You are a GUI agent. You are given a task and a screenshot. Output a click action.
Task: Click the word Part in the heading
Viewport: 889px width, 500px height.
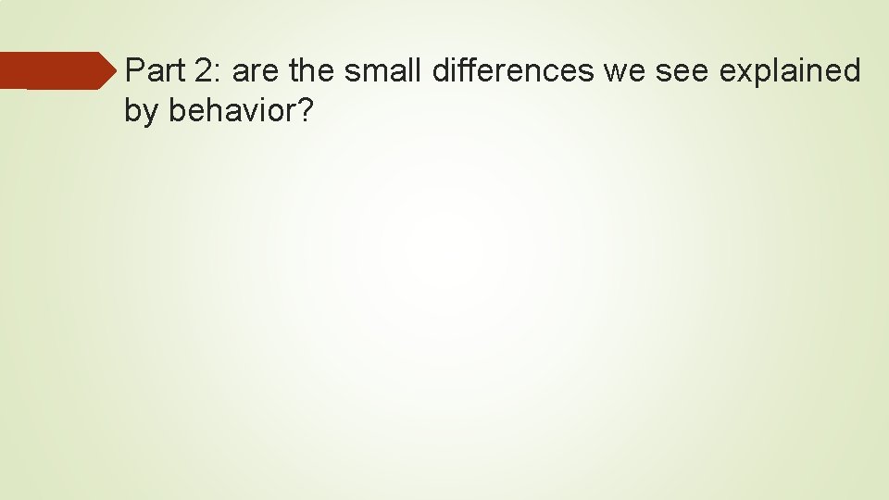(x=152, y=70)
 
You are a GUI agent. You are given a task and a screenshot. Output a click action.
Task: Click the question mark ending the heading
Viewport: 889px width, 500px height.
(x=305, y=111)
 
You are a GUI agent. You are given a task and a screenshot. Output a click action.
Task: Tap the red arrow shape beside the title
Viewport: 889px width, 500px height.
(x=56, y=70)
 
